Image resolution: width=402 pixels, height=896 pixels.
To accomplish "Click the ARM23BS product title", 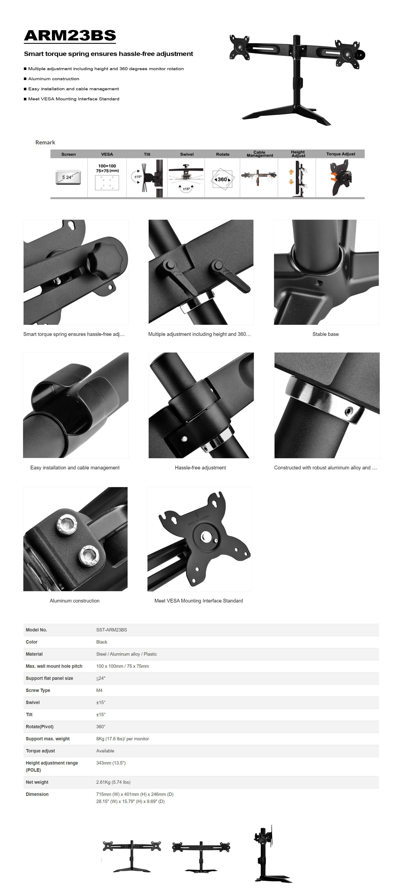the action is point(70,35).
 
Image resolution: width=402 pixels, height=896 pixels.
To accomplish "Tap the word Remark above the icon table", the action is point(45,142).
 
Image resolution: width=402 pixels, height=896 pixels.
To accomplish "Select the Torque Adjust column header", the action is point(340,154).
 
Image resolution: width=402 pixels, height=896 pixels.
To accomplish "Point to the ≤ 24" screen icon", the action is point(68,177).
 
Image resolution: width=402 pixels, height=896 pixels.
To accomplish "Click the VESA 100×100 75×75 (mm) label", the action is point(107,168).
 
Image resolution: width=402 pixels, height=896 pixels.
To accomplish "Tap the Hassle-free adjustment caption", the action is point(200,468).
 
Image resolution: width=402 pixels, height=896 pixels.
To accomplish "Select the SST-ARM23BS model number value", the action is point(112,630).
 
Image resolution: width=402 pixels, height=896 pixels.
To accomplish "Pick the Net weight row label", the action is point(37,782).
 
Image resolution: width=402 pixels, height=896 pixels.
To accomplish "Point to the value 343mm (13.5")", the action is point(111,763).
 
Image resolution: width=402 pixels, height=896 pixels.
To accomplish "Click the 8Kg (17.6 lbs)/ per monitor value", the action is point(122,739).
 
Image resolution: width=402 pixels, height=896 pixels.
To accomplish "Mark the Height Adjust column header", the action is point(298,154).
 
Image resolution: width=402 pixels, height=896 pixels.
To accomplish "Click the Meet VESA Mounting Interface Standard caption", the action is point(198,601).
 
